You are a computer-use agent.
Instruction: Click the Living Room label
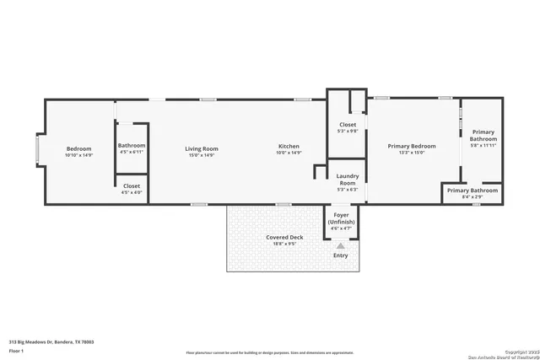point(202,148)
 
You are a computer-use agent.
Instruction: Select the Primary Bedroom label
point(411,146)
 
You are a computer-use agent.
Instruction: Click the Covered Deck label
point(284,238)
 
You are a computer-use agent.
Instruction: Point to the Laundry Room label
point(348,179)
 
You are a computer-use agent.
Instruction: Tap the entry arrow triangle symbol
point(341,245)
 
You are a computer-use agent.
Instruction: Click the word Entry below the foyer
point(341,255)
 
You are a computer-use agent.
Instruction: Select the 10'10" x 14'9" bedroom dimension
point(78,155)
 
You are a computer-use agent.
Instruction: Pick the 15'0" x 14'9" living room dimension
point(202,155)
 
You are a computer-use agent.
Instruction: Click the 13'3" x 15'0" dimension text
point(411,153)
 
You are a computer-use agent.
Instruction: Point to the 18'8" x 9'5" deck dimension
point(284,244)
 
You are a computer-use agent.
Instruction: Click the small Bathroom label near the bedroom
point(132,146)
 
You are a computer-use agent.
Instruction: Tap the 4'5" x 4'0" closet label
point(132,192)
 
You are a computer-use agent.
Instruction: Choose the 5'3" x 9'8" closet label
point(348,131)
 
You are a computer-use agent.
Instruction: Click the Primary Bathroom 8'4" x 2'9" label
point(472,193)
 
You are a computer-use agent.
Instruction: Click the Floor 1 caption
point(16,350)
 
